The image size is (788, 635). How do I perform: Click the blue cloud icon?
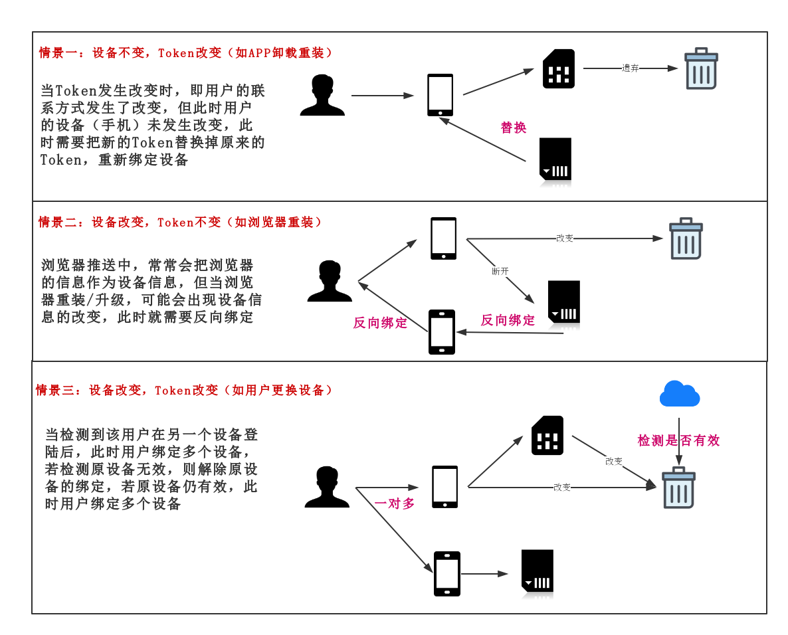coord(679,394)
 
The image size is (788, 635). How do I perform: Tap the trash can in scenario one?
coord(701,68)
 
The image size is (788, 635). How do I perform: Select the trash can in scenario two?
coord(686,238)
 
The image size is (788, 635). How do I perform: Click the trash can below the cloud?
coord(678,488)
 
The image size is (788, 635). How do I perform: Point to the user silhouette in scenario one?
coord(322,96)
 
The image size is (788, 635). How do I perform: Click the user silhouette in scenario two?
coord(330,281)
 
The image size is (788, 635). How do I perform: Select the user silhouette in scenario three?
coord(327,488)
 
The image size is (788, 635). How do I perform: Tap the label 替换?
coord(514,128)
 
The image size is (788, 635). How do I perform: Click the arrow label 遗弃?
coord(630,68)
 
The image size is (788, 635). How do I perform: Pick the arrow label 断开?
coord(500,271)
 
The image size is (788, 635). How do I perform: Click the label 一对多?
coord(395,503)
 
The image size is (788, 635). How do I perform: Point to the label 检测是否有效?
coord(678,440)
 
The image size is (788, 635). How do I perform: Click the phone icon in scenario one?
coord(440,95)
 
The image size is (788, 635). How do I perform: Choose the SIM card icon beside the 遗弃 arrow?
coord(558,68)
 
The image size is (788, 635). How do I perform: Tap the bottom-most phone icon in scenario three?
coord(447,574)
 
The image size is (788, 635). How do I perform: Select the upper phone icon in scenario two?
coord(443,238)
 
